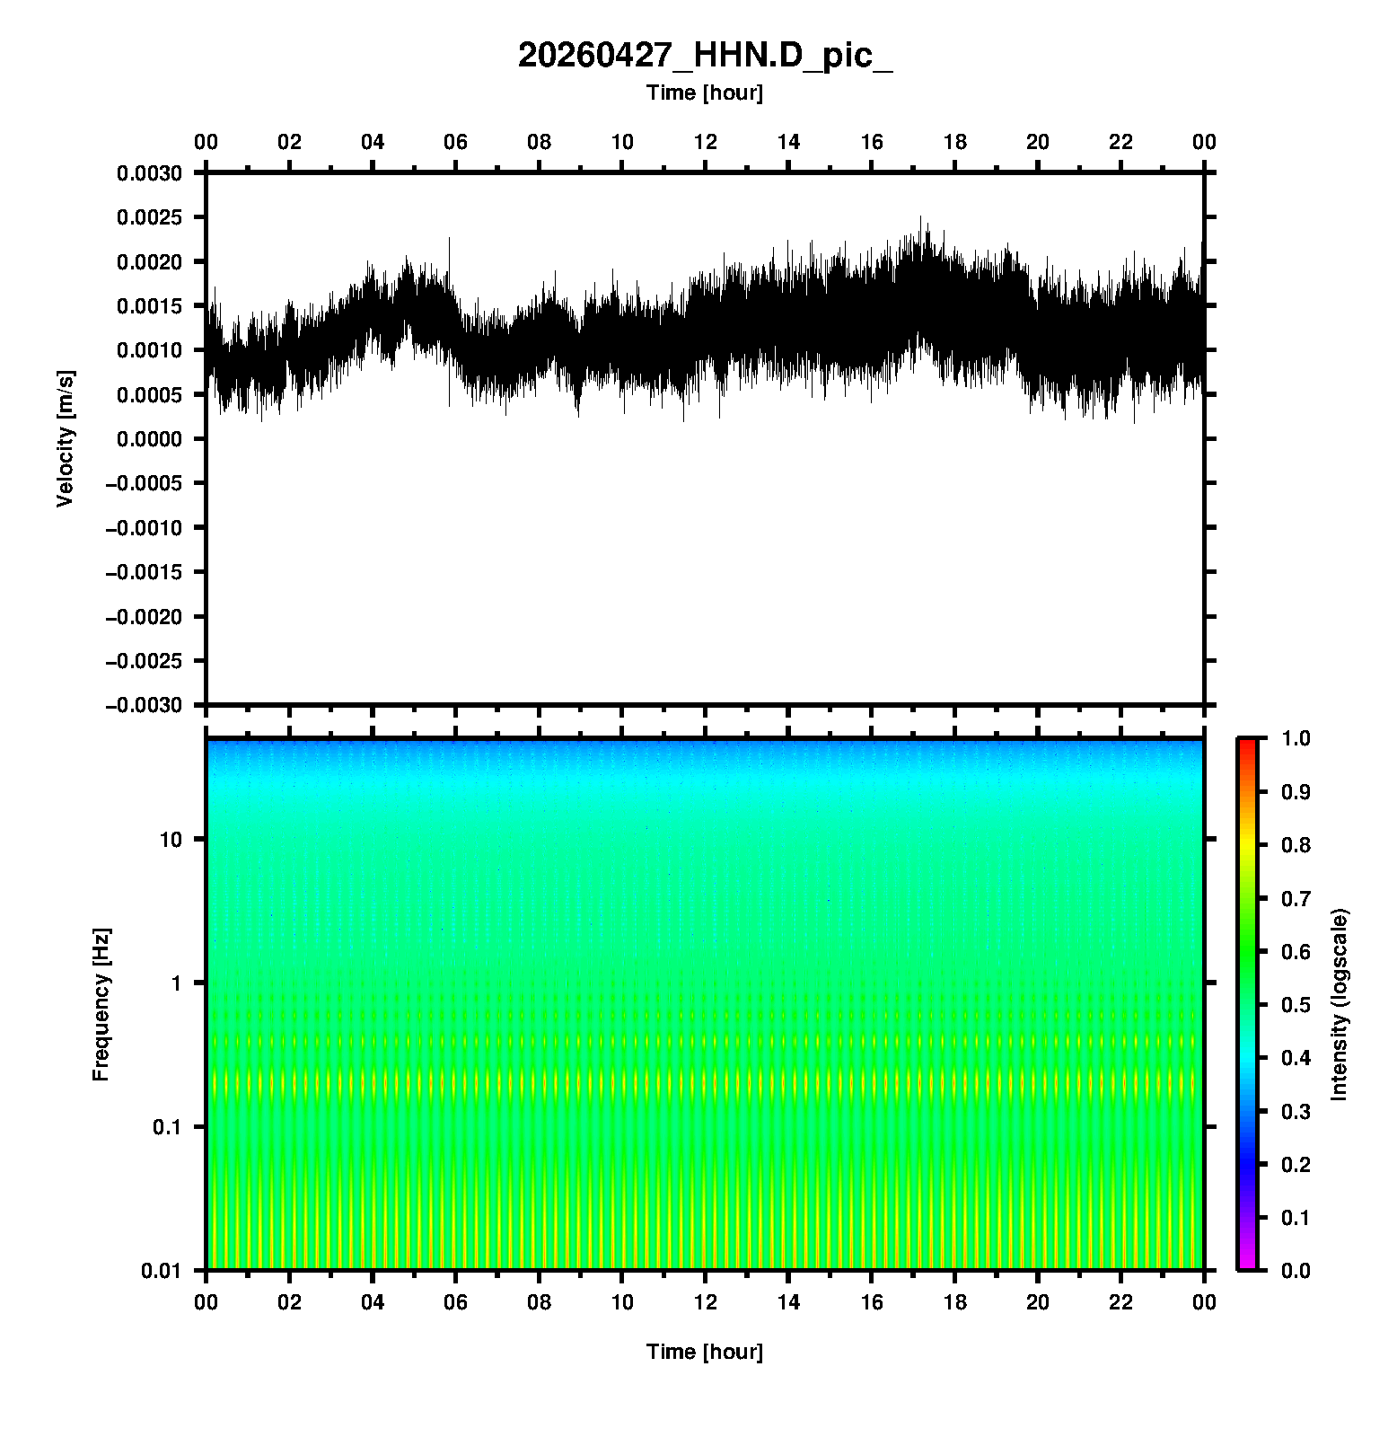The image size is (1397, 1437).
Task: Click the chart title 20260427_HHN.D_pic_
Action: (705, 56)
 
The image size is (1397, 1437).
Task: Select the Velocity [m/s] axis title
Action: (65, 438)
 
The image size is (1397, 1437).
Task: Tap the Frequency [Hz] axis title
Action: (101, 1004)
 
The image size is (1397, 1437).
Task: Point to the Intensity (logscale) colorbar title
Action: (1340, 1004)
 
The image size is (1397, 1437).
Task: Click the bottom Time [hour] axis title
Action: (705, 1352)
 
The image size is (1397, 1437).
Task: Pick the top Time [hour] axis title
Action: (705, 93)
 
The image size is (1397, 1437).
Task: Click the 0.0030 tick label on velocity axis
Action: (149, 173)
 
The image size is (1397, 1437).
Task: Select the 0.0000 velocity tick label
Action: (149, 439)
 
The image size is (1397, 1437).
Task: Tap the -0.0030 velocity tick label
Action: (144, 705)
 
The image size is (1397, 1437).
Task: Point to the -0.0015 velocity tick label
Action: (144, 572)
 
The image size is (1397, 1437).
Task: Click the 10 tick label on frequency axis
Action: (171, 840)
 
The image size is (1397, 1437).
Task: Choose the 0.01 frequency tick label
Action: (162, 1270)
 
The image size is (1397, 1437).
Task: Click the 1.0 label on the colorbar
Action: (1297, 738)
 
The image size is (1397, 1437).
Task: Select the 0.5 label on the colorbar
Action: (1297, 1004)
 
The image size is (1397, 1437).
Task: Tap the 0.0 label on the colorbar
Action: (1297, 1270)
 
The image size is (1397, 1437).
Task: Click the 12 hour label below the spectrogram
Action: (706, 1302)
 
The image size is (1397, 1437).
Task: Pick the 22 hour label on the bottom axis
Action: (1121, 1302)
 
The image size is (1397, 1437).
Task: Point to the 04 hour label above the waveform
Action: (373, 142)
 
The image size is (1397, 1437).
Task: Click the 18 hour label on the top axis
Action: (955, 142)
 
